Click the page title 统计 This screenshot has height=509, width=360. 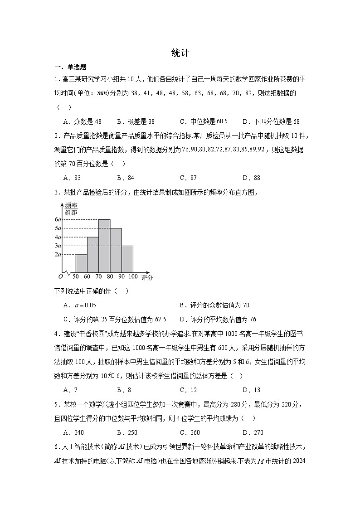pos(180,53)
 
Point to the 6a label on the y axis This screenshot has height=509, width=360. pos(58,219)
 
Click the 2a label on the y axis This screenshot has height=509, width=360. pos(58,255)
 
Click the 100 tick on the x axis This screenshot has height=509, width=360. pos(133,276)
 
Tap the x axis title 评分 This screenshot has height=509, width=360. pos(147,277)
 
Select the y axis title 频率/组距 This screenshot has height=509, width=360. pos(71,208)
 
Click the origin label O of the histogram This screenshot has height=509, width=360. pos(60,276)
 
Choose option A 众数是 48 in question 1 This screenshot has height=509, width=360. pos(83,121)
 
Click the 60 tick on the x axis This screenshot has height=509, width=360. pos(87,276)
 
